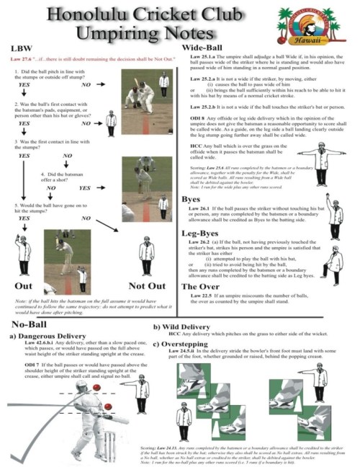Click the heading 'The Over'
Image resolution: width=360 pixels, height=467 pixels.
[206, 286]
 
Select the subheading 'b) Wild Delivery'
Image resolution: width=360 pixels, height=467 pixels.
[185, 326]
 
